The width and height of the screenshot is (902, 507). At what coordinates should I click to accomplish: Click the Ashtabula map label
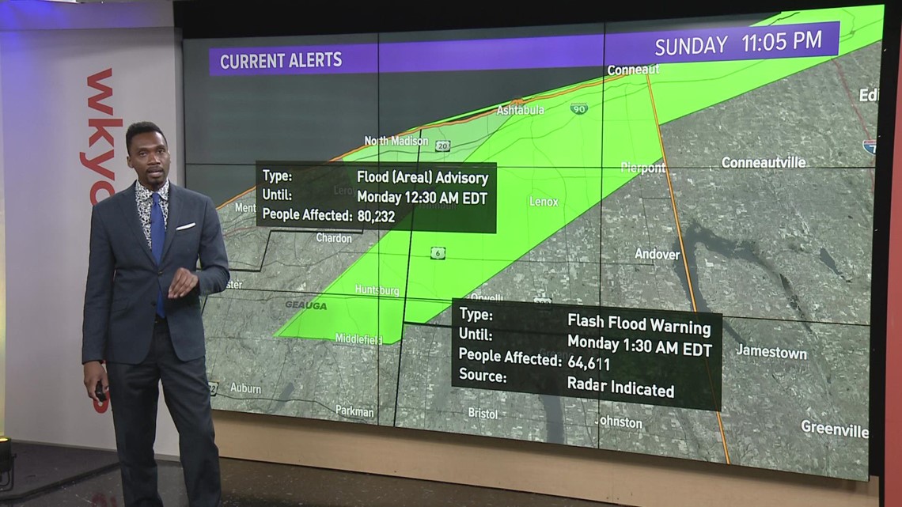point(520,110)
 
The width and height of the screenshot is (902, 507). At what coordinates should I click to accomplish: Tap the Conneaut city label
point(632,70)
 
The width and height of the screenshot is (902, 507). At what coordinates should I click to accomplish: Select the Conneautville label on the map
point(763,162)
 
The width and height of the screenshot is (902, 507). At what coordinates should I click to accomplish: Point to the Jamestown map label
point(771,352)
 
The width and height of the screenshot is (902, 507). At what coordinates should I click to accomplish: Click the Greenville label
point(833,428)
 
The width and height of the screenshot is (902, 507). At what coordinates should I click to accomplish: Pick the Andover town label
point(657,254)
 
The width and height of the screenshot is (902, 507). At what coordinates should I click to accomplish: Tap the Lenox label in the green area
point(544,202)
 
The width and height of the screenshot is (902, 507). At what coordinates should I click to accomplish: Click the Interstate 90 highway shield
point(579,108)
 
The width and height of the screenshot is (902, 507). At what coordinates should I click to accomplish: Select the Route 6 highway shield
point(438,253)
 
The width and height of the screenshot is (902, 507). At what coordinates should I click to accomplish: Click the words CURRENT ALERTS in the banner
point(281,60)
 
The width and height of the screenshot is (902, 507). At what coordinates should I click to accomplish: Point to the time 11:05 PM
point(781,42)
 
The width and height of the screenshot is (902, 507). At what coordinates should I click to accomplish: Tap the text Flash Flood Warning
point(639,323)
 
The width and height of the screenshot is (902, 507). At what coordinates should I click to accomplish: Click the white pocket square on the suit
point(185,227)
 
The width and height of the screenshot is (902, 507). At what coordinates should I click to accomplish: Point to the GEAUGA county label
point(305,305)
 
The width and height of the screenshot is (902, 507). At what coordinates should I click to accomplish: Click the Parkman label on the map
point(354,411)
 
